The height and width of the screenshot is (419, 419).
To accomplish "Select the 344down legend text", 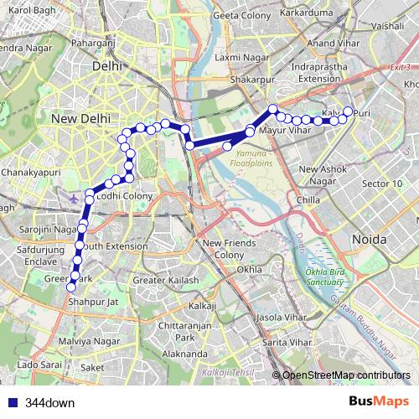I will point(50,403).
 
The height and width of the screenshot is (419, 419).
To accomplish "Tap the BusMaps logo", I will point(379,402).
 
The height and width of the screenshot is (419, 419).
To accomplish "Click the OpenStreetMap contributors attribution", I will point(346,375).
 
